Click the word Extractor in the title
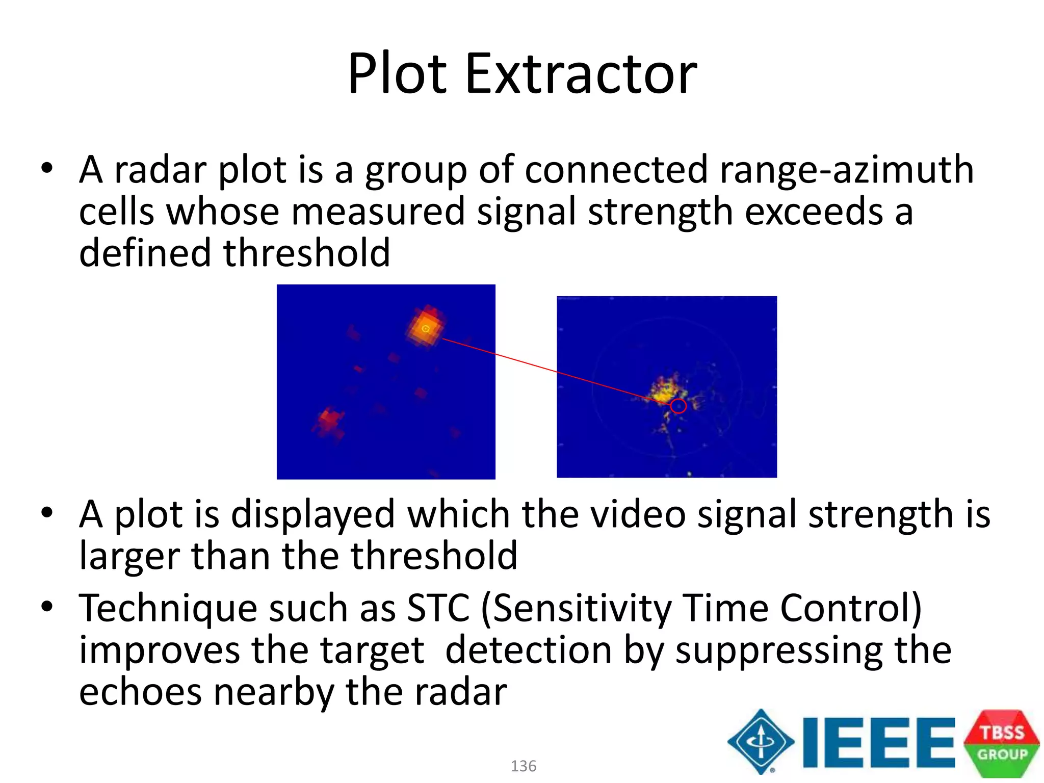[581, 74]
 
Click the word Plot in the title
[398, 74]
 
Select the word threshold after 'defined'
[307, 253]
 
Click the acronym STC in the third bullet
[438, 608]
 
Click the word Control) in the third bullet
[851, 608]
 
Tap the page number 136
[524, 766]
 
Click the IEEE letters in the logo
[878, 742]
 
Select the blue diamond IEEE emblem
[761, 742]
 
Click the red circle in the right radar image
[678, 406]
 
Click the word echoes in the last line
[140, 693]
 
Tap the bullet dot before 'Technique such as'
[47, 607]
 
